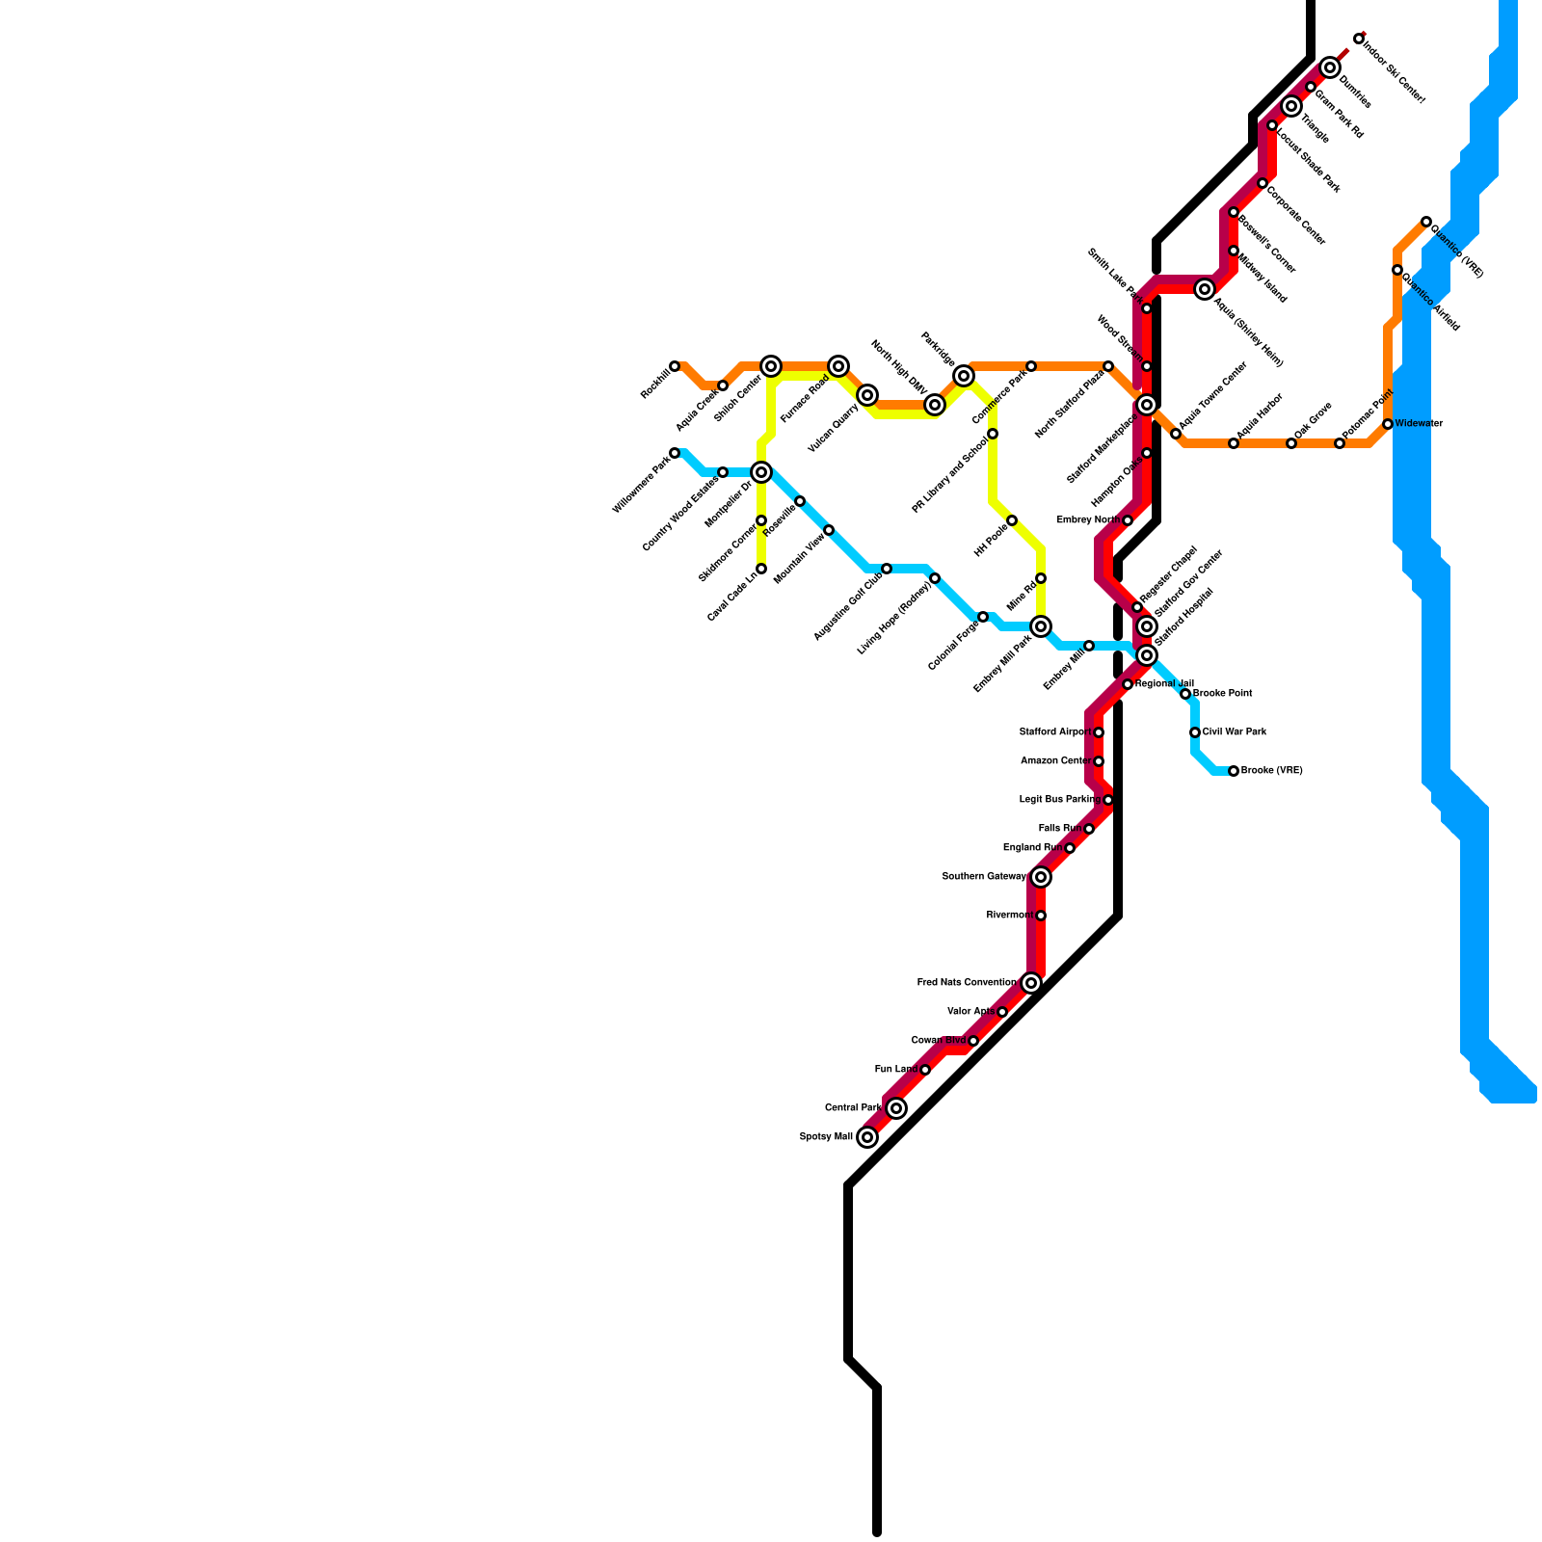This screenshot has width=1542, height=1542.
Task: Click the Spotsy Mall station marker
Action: coord(867,1137)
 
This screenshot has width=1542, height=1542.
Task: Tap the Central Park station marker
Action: coord(896,1108)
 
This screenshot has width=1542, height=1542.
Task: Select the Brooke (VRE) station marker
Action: coord(1234,771)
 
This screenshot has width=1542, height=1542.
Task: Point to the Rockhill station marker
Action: coord(675,366)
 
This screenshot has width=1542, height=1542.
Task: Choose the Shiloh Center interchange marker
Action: coord(771,366)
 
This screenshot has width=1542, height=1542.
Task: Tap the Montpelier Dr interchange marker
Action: coord(761,472)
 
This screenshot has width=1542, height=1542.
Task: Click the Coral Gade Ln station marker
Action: coord(761,569)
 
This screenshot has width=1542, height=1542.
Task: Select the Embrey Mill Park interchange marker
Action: coord(1041,626)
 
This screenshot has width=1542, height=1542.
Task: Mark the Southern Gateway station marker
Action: coord(1041,877)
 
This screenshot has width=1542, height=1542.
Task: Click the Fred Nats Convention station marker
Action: coord(1031,983)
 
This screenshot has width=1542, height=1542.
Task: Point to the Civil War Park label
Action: coord(1235,732)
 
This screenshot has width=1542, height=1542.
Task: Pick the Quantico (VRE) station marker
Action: coord(1426,222)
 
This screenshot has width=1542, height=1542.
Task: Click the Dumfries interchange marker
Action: coord(1330,67)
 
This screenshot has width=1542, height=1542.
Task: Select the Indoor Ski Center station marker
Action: coord(1359,39)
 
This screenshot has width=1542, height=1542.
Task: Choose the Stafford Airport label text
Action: coord(1055,732)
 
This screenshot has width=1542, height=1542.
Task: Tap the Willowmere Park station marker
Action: coord(675,453)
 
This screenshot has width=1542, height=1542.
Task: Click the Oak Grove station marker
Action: coord(1291,443)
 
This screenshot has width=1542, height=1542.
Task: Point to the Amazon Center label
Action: coord(1055,761)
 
